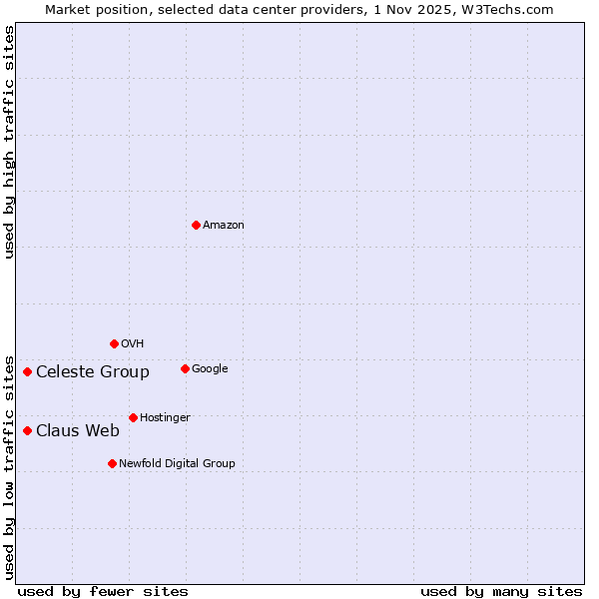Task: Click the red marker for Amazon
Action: tap(196, 225)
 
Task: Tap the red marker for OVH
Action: tap(114, 343)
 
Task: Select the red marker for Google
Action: tap(185, 368)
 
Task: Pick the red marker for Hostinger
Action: tap(133, 417)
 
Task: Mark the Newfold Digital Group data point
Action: tap(112, 463)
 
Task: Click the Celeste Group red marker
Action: tap(27, 371)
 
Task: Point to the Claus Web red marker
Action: tap(27, 430)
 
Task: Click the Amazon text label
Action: tap(224, 226)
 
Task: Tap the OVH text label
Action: tap(133, 344)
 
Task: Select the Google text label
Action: tap(210, 369)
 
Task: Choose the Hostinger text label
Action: tap(165, 418)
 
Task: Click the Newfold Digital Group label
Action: tap(177, 464)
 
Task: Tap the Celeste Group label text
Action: tap(93, 372)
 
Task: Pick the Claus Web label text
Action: tap(78, 431)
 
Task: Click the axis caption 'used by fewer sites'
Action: tap(103, 591)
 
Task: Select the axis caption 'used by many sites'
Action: tap(501, 591)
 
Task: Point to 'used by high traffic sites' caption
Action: tap(10, 142)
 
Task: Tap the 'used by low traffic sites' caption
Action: tap(10, 466)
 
